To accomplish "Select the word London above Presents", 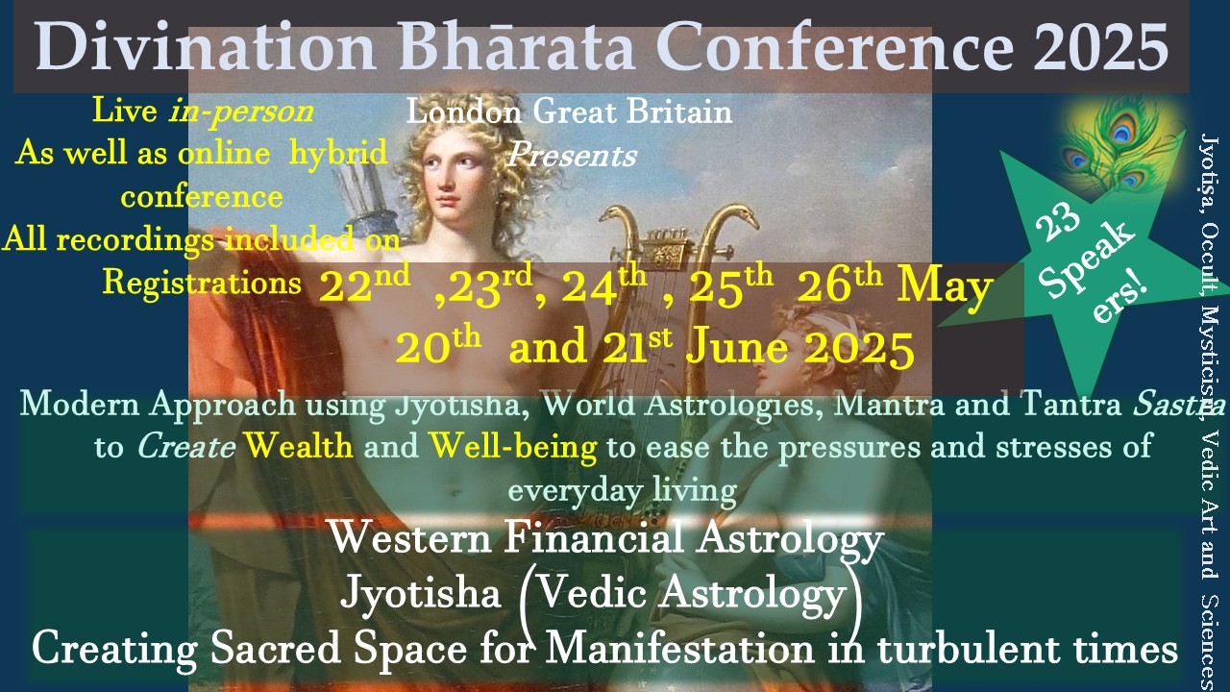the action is pos(464,111).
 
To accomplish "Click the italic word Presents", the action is pos(572,155).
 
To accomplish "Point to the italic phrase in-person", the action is pos(241,112).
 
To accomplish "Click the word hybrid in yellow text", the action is pos(338,152).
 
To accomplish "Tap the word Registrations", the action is pos(202,284).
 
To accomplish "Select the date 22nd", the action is pos(364,284).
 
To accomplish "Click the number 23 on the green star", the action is pos(1058,221).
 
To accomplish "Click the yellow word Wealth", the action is pos(299,445).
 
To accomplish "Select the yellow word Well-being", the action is pos(513,447).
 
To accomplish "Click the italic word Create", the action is pos(186,446).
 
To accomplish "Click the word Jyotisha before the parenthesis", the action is pos(421,593).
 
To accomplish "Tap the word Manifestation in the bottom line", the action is pos(679,648).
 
